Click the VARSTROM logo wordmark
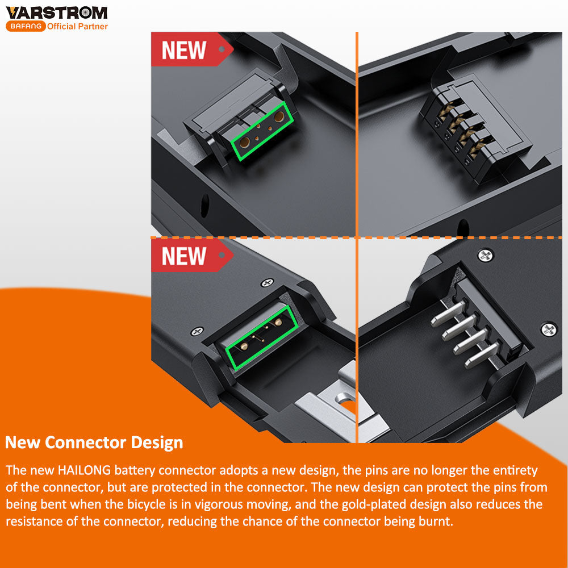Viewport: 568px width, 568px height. coord(56,12)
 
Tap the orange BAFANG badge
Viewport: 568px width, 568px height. coord(26,26)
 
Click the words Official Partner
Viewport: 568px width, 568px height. coord(77,26)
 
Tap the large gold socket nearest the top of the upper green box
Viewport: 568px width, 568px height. coord(279,116)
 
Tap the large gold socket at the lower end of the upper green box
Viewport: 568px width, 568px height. coord(244,143)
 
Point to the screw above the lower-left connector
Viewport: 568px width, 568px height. coord(268,282)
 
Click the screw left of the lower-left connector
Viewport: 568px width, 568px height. coord(197,331)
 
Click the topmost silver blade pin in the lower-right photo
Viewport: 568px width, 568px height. coord(448,312)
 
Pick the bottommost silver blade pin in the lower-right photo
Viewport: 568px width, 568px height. coord(482,356)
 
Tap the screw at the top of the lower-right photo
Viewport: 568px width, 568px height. coord(486,256)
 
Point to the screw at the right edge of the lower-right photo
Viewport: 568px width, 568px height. coord(549,329)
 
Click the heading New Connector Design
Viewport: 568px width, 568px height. coord(94,442)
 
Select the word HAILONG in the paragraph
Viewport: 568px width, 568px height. coord(85,470)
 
